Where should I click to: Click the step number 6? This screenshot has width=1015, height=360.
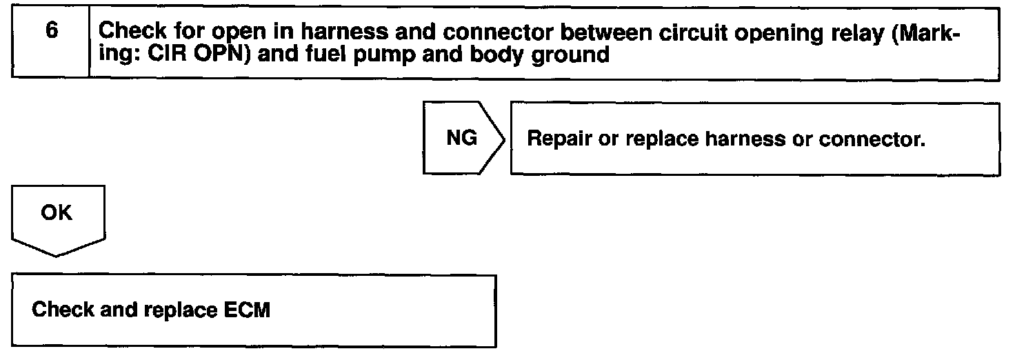[50, 32]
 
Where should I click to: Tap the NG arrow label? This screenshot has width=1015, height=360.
[461, 138]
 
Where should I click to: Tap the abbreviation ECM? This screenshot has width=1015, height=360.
[248, 310]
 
